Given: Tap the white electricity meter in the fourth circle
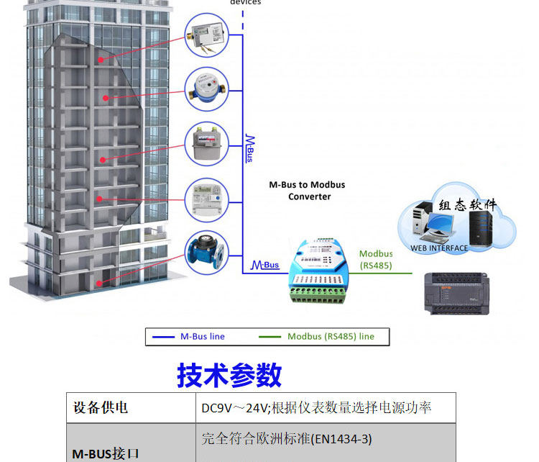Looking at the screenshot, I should (206, 198).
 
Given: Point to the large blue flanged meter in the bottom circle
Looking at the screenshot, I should (206, 252).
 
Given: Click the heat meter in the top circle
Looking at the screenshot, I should (206, 35).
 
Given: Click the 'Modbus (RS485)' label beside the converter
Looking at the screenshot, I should (377, 259).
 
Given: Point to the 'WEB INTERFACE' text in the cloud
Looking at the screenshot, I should (439, 248).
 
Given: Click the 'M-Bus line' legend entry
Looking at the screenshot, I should (202, 336).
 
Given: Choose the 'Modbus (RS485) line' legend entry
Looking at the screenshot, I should (331, 336).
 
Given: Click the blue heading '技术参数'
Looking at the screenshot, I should (229, 375).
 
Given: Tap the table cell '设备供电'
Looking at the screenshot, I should (101, 407).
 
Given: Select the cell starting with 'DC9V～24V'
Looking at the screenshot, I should (316, 407).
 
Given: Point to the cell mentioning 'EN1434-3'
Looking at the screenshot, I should (287, 438).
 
